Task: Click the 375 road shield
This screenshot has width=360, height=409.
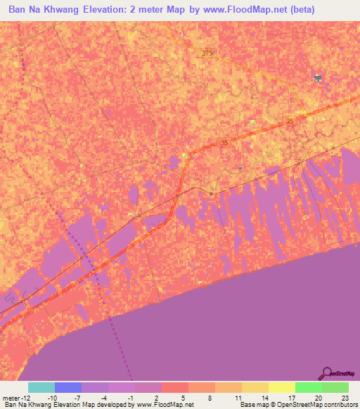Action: coord(206,53)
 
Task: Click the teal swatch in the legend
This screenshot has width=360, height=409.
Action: coord(41,387)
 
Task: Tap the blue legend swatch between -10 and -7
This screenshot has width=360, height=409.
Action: coord(68,387)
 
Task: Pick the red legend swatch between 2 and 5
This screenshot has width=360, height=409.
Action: coord(174,387)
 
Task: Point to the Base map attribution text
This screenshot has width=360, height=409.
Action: coord(296,405)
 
